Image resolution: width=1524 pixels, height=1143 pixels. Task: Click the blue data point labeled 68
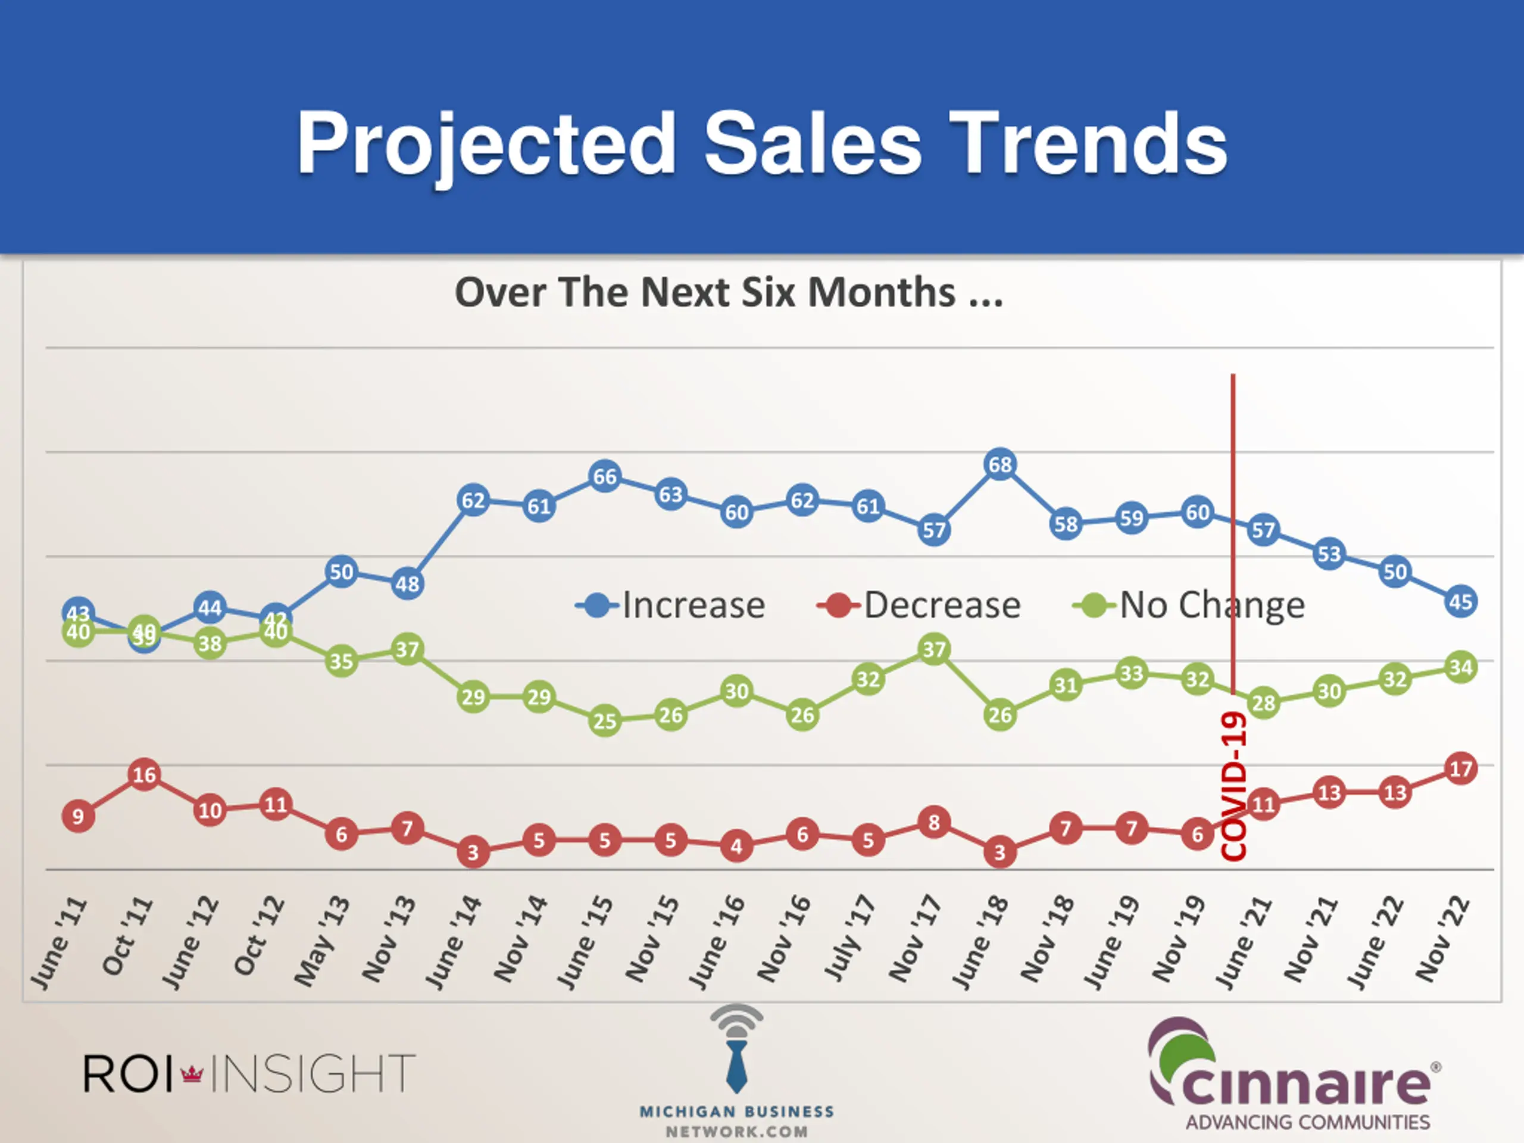tap(1000, 465)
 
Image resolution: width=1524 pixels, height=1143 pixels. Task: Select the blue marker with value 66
tap(605, 477)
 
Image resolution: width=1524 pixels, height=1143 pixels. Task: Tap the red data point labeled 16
tap(144, 775)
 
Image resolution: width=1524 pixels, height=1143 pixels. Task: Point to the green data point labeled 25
tap(605, 722)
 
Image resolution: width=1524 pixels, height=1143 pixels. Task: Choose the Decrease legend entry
tap(920, 605)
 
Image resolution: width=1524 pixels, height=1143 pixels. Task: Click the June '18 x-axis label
tap(982, 942)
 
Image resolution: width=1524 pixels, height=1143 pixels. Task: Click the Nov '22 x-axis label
tap(1442, 939)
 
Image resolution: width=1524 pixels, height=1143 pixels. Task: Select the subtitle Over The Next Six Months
tap(729, 293)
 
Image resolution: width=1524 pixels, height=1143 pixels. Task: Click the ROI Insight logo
tap(249, 1073)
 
